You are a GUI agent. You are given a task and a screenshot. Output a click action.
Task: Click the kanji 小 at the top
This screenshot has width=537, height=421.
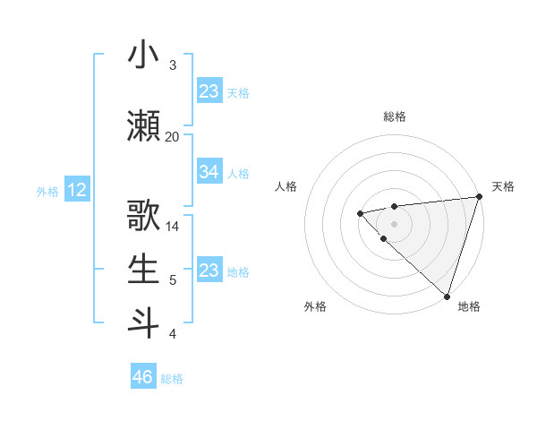[x=143, y=55]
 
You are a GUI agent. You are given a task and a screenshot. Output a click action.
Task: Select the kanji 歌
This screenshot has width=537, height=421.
[x=143, y=217]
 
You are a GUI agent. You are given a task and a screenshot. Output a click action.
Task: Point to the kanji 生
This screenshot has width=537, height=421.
[x=143, y=270]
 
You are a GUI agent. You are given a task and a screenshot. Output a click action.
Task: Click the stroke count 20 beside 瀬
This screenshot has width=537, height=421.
[x=173, y=137]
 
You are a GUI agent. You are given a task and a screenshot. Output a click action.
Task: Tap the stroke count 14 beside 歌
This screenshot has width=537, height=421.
[x=173, y=227]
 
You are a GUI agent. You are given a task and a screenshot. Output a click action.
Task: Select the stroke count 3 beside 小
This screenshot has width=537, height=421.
[x=173, y=65]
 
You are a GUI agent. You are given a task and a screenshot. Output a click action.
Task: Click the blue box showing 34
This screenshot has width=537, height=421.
[x=209, y=172]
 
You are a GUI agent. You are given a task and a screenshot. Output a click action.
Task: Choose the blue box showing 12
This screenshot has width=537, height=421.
[x=77, y=190]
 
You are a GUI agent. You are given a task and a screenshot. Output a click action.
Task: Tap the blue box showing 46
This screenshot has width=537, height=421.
[x=143, y=377]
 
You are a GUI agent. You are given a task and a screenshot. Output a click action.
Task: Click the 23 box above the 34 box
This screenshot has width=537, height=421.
[x=209, y=91]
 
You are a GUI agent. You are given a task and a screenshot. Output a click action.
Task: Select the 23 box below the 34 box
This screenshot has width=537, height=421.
[x=209, y=271]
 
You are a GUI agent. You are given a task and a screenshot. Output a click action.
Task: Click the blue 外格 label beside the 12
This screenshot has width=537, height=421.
[x=47, y=191]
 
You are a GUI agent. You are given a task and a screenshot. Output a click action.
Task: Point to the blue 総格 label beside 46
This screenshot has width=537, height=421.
[x=172, y=379]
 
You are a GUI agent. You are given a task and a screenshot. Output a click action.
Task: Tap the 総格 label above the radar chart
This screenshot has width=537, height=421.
[x=394, y=116]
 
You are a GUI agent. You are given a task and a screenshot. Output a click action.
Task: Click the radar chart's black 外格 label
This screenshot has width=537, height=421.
[x=315, y=307]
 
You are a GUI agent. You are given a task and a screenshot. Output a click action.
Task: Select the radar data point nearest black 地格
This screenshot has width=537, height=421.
[x=447, y=296]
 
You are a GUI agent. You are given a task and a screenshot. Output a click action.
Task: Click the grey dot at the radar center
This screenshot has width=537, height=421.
[x=394, y=223]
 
